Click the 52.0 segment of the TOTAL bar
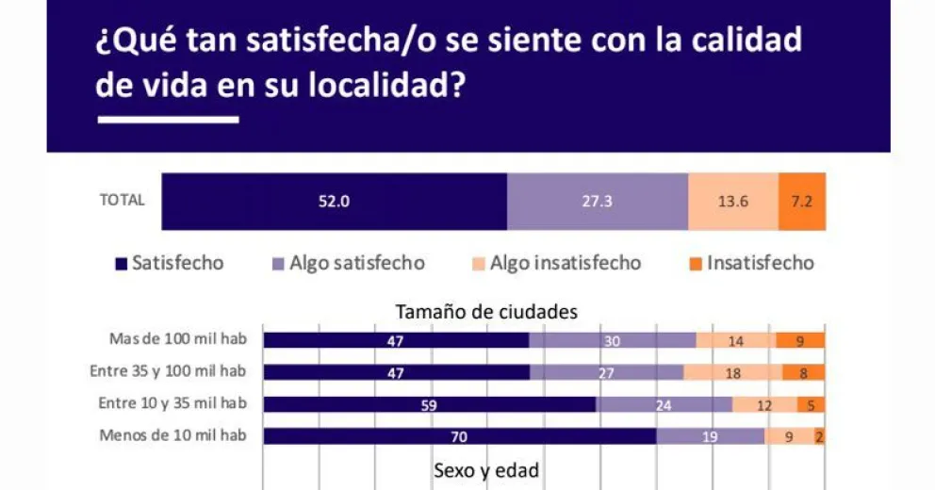[334, 201]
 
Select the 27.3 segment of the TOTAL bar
[598, 201]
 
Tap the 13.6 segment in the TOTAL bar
[733, 201]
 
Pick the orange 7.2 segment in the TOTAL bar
[802, 201]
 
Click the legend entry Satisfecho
[170, 263]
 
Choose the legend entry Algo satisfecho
[348, 263]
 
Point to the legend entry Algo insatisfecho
[555, 263]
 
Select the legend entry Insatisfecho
[750, 263]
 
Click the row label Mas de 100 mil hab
[178, 340]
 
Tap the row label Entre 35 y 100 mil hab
[168, 371]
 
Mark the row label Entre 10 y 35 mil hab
[172, 403]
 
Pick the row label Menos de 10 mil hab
[172, 435]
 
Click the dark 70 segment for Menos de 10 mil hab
[459, 436]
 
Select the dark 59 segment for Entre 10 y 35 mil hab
[429, 404]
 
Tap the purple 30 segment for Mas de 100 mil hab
[613, 341]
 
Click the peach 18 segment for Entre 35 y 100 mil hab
[732, 372]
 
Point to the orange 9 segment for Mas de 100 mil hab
[800, 341]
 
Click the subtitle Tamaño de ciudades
[486, 311]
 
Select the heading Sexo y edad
[486, 469]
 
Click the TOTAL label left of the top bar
[122, 200]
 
